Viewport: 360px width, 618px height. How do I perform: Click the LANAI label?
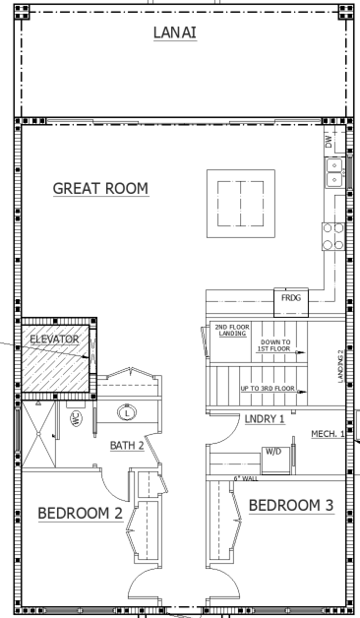[x=175, y=32]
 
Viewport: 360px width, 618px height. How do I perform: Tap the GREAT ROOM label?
[x=101, y=188]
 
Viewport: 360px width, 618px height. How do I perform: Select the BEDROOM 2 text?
[x=81, y=513]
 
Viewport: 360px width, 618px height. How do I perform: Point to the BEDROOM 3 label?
[x=291, y=505]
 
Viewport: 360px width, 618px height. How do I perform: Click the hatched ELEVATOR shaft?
[x=55, y=358]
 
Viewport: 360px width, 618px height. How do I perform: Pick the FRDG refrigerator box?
[x=291, y=303]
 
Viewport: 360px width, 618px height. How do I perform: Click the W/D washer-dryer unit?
[x=275, y=460]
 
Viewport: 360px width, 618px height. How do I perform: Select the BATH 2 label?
[x=127, y=446]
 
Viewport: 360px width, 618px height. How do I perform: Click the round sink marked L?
[x=127, y=413]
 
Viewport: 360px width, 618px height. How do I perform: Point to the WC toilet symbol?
[x=77, y=419]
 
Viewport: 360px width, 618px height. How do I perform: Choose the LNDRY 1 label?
[x=265, y=419]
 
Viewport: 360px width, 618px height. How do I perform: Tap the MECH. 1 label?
[x=328, y=434]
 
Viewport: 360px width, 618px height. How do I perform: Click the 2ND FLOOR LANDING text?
[x=232, y=331]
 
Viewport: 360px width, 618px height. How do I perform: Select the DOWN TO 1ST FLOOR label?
[x=275, y=345]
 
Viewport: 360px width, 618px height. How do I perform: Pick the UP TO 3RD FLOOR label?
[x=268, y=389]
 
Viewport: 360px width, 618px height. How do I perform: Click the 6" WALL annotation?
[x=246, y=478]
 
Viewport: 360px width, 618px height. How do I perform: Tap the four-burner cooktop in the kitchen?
[x=333, y=236]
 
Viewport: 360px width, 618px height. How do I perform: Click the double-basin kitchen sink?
[x=334, y=172]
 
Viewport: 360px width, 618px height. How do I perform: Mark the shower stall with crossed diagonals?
[x=38, y=434]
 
